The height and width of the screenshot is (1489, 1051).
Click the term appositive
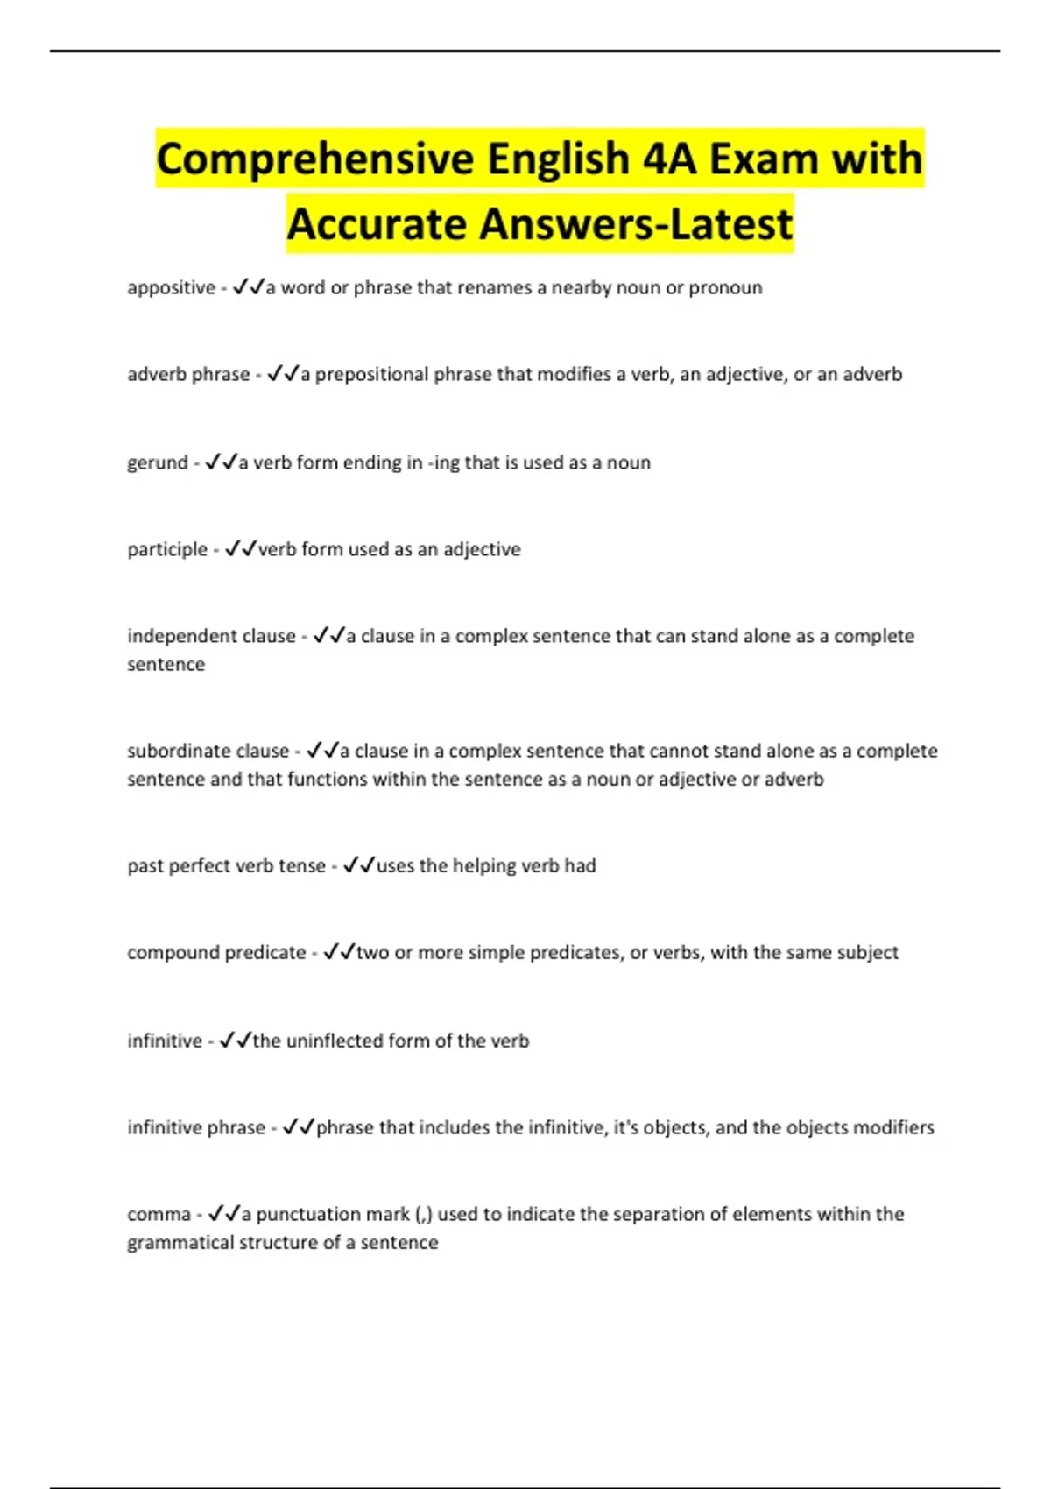pos(171,288)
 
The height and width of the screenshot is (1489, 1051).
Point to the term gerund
pos(158,462)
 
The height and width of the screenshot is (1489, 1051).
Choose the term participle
pos(167,549)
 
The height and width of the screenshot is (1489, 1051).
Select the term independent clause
pos(211,636)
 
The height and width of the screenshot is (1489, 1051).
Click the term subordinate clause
pos(208,751)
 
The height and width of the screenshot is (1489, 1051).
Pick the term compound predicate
pos(216,952)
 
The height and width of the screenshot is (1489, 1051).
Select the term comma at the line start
pos(159,1215)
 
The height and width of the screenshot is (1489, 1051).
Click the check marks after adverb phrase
pos(282,374)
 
